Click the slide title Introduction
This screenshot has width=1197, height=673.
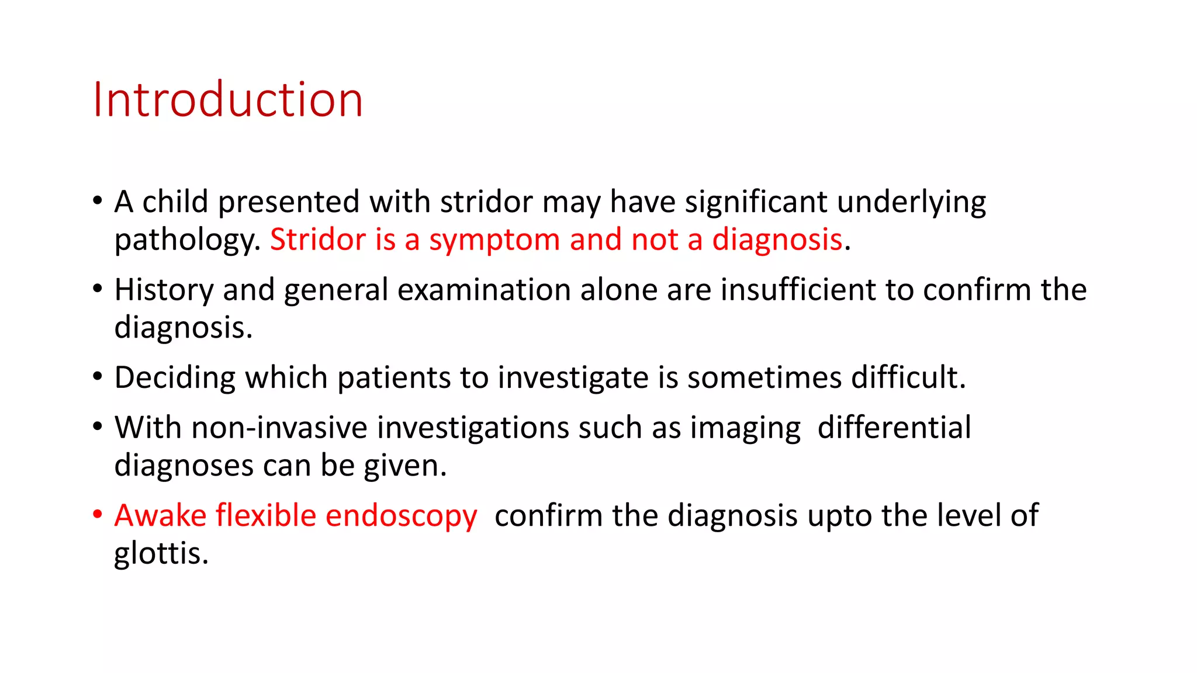pyautogui.click(x=228, y=99)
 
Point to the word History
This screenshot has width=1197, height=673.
pyautogui.click(x=164, y=290)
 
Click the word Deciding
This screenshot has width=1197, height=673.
pyautogui.click(x=175, y=378)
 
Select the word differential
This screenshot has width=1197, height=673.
pyautogui.click(x=894, y=428)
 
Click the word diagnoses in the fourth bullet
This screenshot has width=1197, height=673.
pyautogui.click(x=184, y=466)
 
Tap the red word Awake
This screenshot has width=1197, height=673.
pyautogui.click(x=160, y=516)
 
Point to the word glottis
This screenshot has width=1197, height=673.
pyautogui.click(x=161, y=553)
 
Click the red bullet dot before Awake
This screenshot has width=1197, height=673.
pyautogui.click(x=98, y=515)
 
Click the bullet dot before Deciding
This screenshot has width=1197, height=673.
pyautogui.click(x=98, y=377)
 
